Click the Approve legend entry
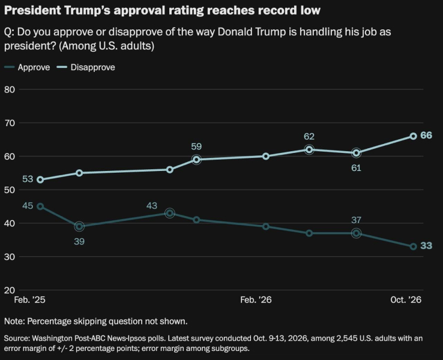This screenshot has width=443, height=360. tap(27, 67)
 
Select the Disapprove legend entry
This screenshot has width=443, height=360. tap(86, 67)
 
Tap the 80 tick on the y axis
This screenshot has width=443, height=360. tap(10, 89)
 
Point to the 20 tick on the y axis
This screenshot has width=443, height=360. tap(10, 290)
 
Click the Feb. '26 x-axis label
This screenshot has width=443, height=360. tap(256, 299)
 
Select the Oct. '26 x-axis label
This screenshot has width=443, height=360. tap(406, 299)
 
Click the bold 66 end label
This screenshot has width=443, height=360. tap(426, 136)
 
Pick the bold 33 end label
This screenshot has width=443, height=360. tap(426, 245)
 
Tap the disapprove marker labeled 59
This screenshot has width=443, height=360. tap(196, 160)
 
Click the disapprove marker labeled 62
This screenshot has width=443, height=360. tap(309, 149)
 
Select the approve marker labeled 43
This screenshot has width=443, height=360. tap(169, 213)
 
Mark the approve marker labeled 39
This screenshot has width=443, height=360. tap(79, 226)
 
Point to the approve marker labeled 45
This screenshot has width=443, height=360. tap(40, 206)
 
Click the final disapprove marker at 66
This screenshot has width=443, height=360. tap(413, 136)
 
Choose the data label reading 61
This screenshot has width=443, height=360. tap(356, 168)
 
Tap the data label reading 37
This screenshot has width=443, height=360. tap(356, 220)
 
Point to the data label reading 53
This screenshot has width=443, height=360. tap(28, 179)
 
